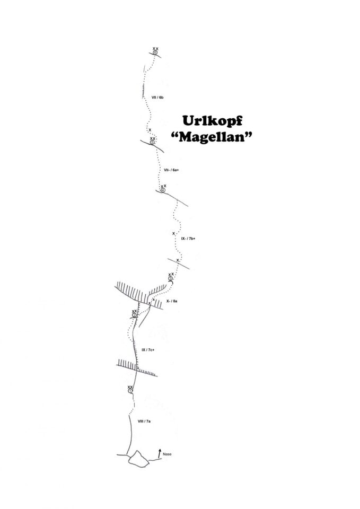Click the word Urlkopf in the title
pyautogui.click(x=212, y=121)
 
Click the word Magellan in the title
pyautogui.click(x=212, y=137)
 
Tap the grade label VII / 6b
pyautogui.click(x=157, y=98)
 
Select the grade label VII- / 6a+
pyautogui.click(x=171, y=170)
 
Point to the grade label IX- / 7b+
pyautogui.click(x=188, y=239)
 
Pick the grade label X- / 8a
pyautogui.click(x=172, y=301)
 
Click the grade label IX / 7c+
pyautogui.click(x=148, y=349)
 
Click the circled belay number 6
pyautogui.click(x=155, y=52)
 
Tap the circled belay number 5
pyautogui.click(x=153, y=142)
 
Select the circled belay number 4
pyautogui.click(x=163, y=190)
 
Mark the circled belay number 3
pyautogui.click(x=170, y=278)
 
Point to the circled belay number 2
pyautogui.click(x=134, y=315)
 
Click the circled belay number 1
pyautogui.click(x=130, y=391)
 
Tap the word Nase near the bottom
pyautogui.click(x=167, y=454)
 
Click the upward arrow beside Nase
pyautogui.click(x=160, y=453)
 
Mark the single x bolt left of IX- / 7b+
pyautogui.click(x=174, y=233)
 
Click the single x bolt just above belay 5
pyautogui.click(x=150, y=130)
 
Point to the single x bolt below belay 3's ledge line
pyautogui.click(x=178, y=260)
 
